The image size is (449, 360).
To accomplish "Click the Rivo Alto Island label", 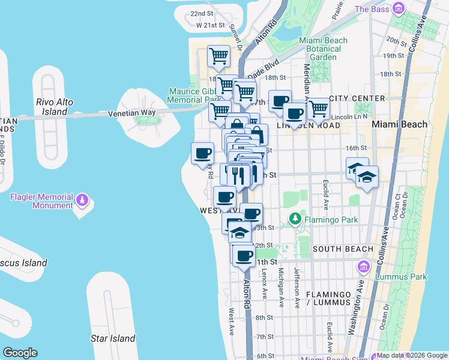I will click(x=55, y=107).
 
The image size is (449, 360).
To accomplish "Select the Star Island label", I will click(x=113, y=338).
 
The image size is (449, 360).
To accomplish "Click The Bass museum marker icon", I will click(x=398, y=8).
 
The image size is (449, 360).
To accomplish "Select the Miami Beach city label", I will click(x=400, y=124).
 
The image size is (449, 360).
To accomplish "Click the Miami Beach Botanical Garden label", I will click(x=323, y=49).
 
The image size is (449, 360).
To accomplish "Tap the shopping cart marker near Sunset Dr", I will click(x=218, y=56).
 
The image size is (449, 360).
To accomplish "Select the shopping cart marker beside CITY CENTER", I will click(x=318, y=109).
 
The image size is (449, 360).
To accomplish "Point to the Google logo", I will click(x=20, y=353).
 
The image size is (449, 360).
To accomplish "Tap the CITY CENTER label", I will click(x=357, y=98).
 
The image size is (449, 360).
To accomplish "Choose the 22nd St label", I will click(x=202, y=13).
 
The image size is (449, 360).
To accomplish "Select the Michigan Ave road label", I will click(x=280, y=287).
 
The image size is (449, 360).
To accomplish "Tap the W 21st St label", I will click(x=210, y=26).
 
